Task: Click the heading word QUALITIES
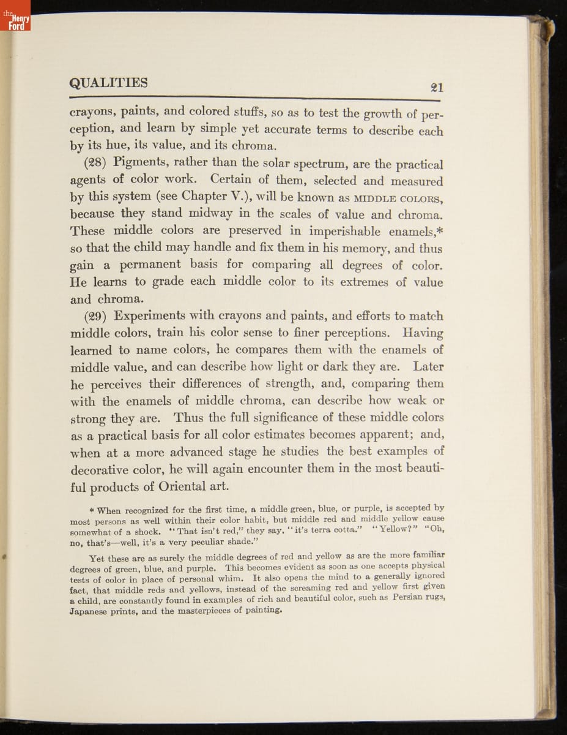[x=109, y=83]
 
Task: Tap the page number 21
[x=437, y=87]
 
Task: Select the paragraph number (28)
[x=95, y=164]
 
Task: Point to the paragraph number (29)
[x=95, y=316]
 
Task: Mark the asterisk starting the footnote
[x=91, y=510]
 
